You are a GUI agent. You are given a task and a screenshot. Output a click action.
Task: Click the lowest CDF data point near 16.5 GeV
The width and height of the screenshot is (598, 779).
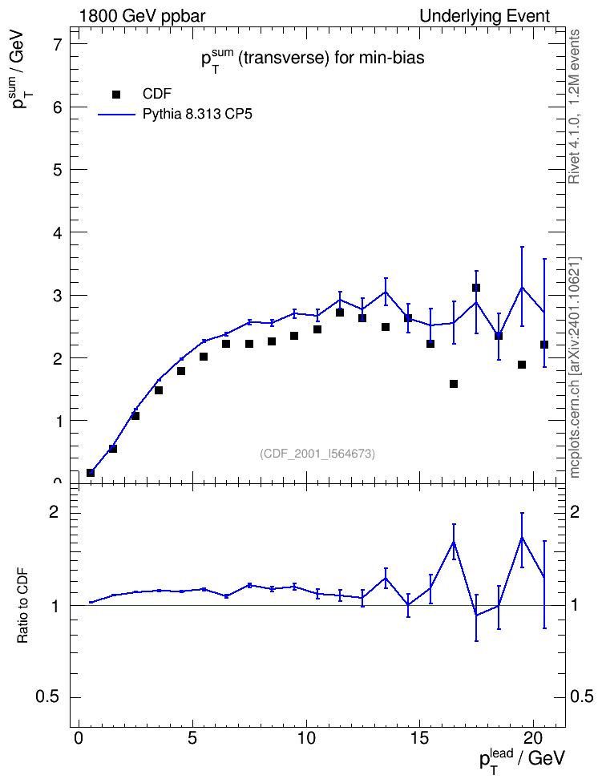click(454, 384)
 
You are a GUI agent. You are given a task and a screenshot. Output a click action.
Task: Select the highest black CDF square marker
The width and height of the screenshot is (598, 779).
click(475, 288)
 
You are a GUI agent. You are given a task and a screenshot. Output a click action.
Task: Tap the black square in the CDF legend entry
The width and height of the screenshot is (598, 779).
click(116, 95)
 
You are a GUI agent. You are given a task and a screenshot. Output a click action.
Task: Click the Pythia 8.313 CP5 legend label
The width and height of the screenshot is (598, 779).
click(197, 115)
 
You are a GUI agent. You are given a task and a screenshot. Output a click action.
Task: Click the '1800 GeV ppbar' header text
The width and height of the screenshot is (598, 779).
click(142, 16)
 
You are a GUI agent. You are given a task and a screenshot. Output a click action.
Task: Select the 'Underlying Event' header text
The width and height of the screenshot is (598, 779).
click(485, 16)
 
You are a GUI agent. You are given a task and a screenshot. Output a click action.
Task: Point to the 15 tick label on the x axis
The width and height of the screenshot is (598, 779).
click(420, 737)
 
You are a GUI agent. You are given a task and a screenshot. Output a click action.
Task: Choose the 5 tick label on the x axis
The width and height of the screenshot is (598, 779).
click(192, 737)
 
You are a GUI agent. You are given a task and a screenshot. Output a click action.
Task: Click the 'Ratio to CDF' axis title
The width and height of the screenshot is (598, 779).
click(23, 605)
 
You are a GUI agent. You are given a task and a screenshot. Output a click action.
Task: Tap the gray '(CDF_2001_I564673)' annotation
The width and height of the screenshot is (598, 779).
click(317, 454)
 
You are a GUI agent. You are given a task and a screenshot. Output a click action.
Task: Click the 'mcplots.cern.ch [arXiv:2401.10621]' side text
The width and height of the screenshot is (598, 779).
click(575, 367)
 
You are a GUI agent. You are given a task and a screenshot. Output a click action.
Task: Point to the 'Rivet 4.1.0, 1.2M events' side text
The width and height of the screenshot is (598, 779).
click(574, 107)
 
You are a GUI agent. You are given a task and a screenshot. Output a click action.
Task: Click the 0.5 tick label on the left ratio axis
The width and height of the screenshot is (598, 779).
click(47, 697)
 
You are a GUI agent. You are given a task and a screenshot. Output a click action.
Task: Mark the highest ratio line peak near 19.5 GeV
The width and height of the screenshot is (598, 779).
click(522, 537)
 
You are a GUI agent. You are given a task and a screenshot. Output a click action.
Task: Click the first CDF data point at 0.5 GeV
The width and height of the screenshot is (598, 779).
click(90, 473)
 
